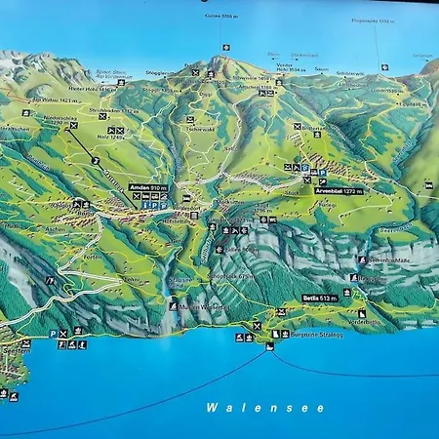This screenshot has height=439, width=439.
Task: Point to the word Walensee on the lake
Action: tap(265, 408)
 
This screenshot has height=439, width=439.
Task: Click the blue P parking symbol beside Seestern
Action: tap(53, 334)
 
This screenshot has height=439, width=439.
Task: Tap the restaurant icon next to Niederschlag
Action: tap(95, 158)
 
